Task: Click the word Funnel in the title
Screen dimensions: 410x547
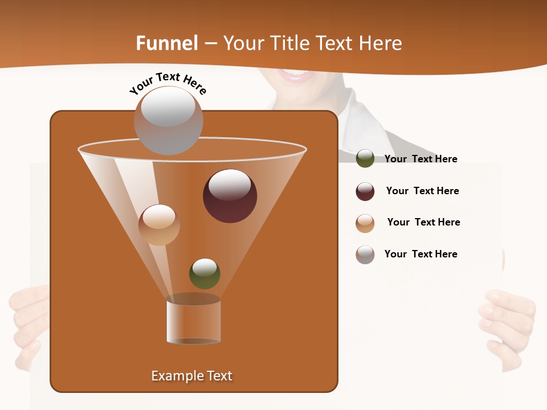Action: tap(167, 43)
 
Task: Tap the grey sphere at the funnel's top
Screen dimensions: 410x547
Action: tap(168, 120)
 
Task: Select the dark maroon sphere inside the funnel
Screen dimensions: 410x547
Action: tap(230, 196)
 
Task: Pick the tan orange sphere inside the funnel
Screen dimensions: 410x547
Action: tap(159, 225)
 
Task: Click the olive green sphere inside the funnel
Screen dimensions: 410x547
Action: tap(205, 273)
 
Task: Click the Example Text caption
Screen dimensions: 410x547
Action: tap(191, 376)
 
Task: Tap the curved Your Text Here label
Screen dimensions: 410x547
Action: tap(168, 83)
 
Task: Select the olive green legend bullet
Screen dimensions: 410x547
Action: tap(365, 159)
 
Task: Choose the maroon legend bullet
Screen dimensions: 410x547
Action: tap(365, 191)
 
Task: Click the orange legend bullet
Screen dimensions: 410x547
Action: tap(365, 223)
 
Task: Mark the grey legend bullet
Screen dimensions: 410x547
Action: tap(365, 255)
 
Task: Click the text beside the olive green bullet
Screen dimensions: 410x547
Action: tap(421, 159)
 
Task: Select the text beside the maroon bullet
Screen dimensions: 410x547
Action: tap(422, 191)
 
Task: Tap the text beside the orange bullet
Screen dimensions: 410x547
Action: tap(423, 223)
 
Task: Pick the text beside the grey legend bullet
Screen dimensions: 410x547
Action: tap(421, 255)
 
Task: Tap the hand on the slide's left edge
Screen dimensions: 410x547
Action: tap(28, 325)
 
